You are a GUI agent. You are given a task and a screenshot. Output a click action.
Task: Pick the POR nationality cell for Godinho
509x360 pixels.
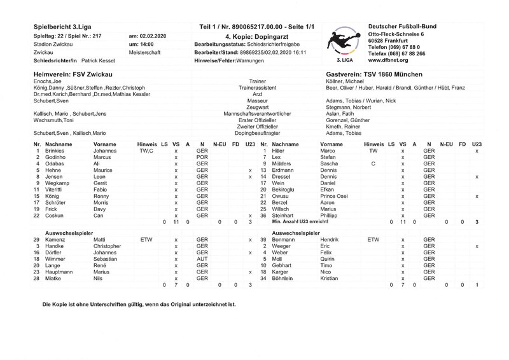[202, 157]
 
